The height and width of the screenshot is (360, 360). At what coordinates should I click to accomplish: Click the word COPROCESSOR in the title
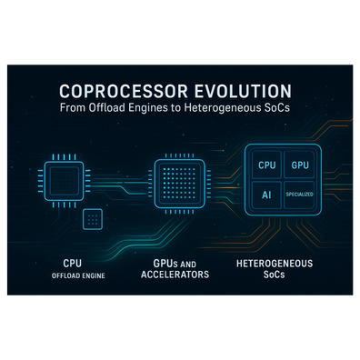124,91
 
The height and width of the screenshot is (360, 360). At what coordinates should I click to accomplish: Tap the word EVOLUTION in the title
243,91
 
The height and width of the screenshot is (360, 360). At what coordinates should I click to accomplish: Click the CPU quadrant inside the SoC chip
267,165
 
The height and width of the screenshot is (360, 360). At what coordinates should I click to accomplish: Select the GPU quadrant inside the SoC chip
300,165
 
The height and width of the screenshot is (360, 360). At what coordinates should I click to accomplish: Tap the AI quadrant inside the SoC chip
267,195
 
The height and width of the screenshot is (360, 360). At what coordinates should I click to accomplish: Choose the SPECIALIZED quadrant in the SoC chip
299,195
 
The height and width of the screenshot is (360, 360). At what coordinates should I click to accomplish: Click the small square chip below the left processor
93,219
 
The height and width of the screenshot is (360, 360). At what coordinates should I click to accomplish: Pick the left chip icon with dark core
64,181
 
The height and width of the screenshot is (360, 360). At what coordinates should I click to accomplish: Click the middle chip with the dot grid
179,184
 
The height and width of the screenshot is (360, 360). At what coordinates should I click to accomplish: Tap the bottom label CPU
72,263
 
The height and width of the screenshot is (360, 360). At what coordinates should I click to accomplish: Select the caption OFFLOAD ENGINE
78,275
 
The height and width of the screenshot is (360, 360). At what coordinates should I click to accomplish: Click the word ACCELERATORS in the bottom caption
175,275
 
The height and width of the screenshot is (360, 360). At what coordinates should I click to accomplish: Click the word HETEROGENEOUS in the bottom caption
275,264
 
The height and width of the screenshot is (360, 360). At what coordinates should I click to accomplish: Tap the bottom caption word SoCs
274,275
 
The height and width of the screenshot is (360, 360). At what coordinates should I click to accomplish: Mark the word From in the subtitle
73,107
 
